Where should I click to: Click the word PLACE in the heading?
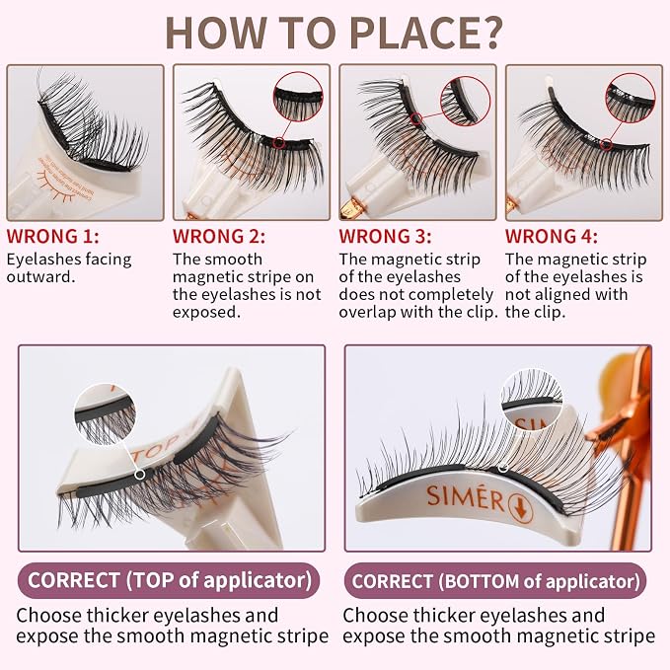[411, 34]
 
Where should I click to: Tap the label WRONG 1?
[52, 236]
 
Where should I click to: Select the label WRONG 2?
[219, 236]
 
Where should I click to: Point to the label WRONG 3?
[385, 236]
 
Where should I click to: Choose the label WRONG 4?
[552, 236]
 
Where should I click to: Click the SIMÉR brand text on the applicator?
[466, 497]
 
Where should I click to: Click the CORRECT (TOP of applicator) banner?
[169, 580]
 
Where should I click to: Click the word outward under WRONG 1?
[40, 277]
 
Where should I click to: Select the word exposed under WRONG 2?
[207, 313]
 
